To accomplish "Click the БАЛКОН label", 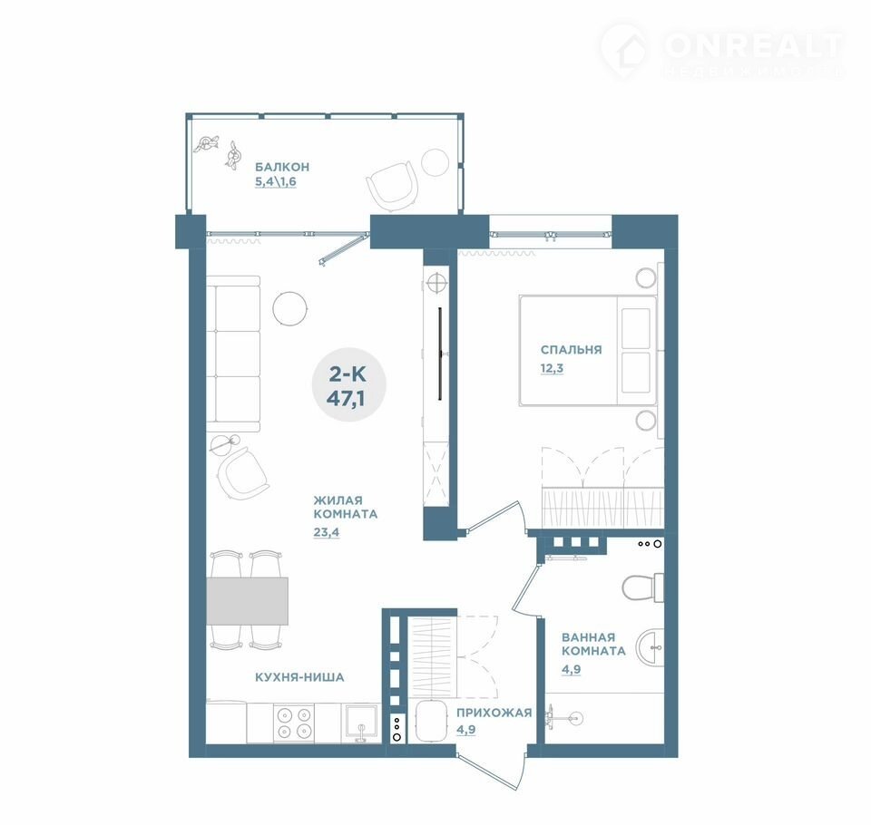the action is pyautogui.click(x=281, y=167).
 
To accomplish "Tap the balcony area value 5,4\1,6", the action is pyautogui.click(x=276, y=181).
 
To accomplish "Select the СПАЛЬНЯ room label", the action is pyautogui.click(x=571, y=350).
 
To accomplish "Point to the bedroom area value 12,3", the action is pyautogui.click(x=553, y=368).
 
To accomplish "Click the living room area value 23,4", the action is pyautogui.click(x=326, y=532).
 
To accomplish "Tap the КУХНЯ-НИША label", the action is pyautogui.click(x=299, y=677).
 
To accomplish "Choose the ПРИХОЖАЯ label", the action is pyautogui.click(x=494, y=713).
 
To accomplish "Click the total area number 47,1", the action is pyautogui.click(x=346, y=399).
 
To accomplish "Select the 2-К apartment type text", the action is pyautogui.click(x=347, y=374).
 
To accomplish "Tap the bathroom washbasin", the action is pyautogui.click(x=651, y=647).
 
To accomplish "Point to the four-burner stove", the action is pyautogui.click(x=294, y=723).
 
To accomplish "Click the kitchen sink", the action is pyautogui.click(x=362, y=723).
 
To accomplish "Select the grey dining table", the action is pyautogui.click(x=247, y=601).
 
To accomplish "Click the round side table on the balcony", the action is pyautogui.click(x=435, y=162).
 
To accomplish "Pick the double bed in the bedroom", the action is pyautogui.click(x=588, y=350).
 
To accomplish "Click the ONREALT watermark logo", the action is pyautogui.click(x=722, y=50).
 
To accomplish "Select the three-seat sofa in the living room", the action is pyautogui.click(x=233, y=354).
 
